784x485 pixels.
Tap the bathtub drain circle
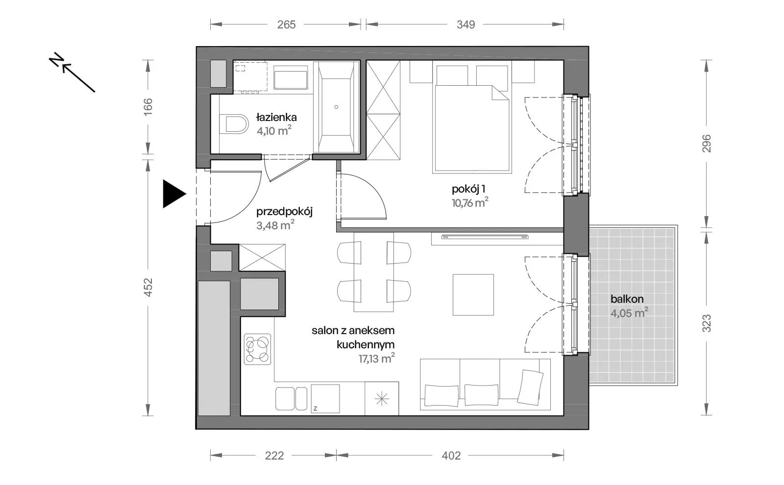point(336,107)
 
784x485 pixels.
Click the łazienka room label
point(276,117)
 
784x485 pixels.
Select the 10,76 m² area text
point(470,203)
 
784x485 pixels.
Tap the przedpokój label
point(284,212)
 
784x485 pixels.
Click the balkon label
point(627,299)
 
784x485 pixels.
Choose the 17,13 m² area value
point(377,359)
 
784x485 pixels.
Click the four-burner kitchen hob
point(258,349)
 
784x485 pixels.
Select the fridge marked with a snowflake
point(382,399)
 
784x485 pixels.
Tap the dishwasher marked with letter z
point(325,399)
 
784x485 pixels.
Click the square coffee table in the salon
point(473,294)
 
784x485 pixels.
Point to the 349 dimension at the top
point(465,24)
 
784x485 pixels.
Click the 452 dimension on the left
point(148,287)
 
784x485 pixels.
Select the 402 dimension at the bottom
point(451,456)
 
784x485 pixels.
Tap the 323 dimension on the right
point(707,323)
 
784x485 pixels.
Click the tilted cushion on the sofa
point(530,388)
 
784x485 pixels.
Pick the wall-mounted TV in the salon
point(485,237)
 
